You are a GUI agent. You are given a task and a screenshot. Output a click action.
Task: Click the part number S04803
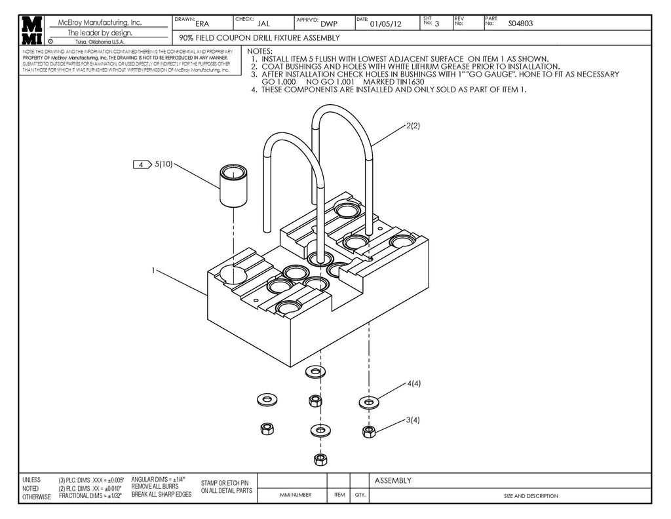[x=520, y=23]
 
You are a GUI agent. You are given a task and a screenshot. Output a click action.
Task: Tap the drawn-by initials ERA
[x=202, y=24]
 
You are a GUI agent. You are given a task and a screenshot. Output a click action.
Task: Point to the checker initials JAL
[x=263, y=24]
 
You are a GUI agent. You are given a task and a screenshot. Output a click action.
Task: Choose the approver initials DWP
[x=329, y=24]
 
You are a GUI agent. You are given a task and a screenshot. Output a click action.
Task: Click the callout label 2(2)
[x=413, y=125]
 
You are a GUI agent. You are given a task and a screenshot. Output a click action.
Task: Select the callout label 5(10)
[x=164, y=164]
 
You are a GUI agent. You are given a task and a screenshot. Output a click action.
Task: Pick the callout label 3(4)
[x=413, y=419]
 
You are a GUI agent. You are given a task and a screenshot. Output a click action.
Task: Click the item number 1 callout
[x=153, y=270]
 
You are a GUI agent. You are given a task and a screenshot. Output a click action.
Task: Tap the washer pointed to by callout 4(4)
[x=368, y=400]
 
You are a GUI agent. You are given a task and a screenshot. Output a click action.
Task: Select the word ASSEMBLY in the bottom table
[x=393, y=480]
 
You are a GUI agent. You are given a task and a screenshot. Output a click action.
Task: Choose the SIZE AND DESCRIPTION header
[x=531, y=496]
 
